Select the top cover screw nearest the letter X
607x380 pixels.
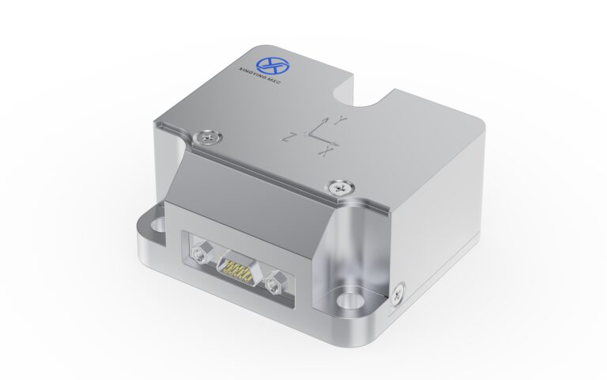click(x=340, y=187)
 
